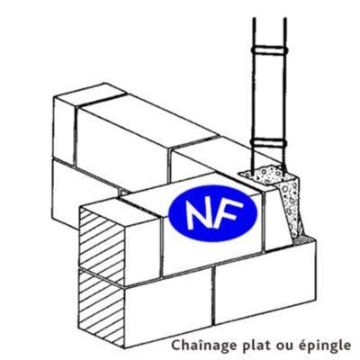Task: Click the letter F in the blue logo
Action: pos(229,213)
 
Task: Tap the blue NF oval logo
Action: pos(212,213)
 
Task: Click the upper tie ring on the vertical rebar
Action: pos(270,50)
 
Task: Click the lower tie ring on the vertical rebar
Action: pos(270,143)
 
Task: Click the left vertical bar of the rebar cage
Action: pos(254,96)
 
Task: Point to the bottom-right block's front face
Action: pos(265,283)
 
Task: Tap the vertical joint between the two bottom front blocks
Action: pos(213,296)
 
